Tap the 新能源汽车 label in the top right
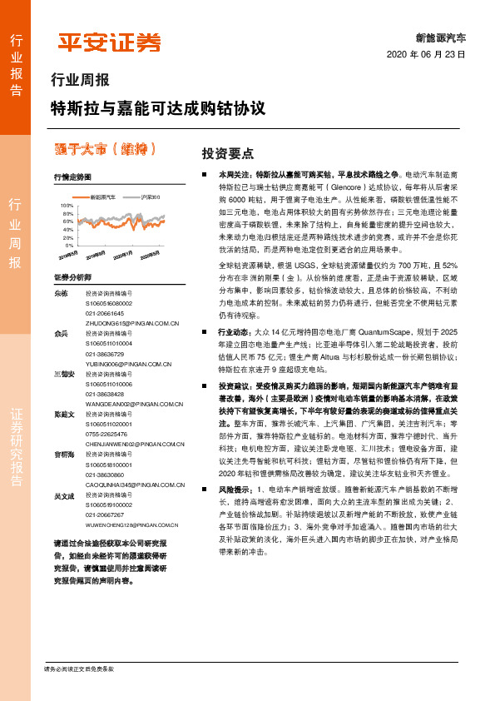[x=441, y=38]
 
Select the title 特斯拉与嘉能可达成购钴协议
[x=158, y=109]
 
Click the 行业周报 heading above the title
[x=80, y=82]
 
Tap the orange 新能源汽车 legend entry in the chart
[x=102, y=197]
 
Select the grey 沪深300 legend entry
[x=148, y=197]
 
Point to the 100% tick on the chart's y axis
[x=67, y=204]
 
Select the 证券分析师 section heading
[x=72, y=276]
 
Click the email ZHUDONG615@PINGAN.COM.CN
[x=133, y=322]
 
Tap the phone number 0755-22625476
[x=107, y=434]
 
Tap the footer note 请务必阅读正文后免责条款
[x=78, y=669]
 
